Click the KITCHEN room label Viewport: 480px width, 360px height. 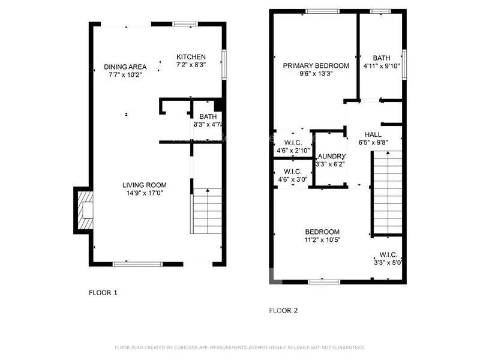click(x=191, y=56)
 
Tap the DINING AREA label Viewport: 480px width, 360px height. click(x=125, y=67)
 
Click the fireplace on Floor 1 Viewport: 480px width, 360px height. click(x=83, y=210)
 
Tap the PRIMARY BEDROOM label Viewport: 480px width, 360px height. click(x=316, y=65)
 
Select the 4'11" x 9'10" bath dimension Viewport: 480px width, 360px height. click(x=381, y=66)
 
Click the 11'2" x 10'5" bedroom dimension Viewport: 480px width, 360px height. click(x=322, y=240)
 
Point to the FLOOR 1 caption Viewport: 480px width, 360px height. click(x=103, y=293)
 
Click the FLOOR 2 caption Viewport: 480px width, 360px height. click(x=283, y=311)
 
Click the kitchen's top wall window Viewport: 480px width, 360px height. click(x=185, y=24)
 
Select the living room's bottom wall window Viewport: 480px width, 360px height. click(x=137, y=263)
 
